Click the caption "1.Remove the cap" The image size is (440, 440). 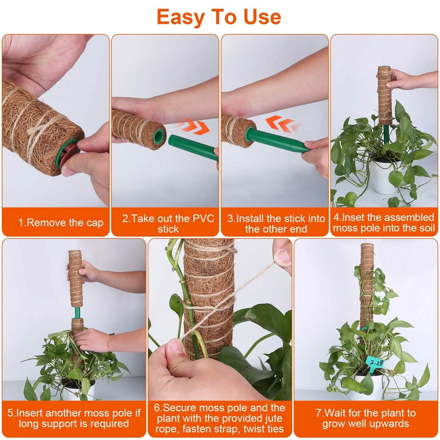pyautogui.click(x=61, y=223)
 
